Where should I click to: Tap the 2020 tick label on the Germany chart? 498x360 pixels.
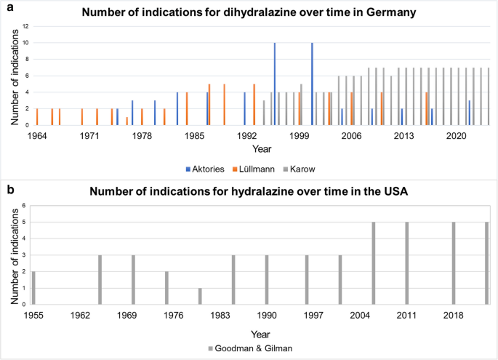coord(456,136)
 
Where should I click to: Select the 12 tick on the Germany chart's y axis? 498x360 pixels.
coord(25,26)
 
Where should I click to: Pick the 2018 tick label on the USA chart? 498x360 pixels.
coord(453,316)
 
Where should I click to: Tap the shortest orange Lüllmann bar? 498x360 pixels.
coord(126,121)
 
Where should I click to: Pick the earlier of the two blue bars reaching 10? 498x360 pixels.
coord(274,84)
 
